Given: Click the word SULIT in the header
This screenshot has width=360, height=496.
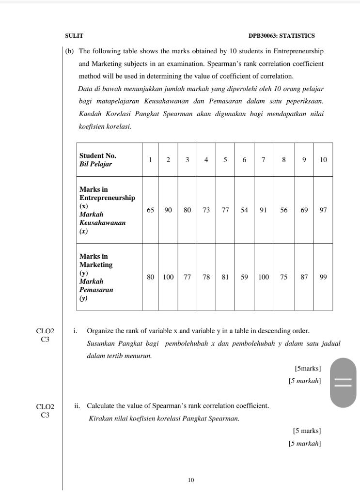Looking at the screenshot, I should [74, 36].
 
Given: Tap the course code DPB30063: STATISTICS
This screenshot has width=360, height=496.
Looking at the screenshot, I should [282, 36].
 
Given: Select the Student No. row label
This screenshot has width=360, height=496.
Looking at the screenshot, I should [98, 160].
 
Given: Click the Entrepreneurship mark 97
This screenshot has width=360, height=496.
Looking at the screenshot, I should [323, 210].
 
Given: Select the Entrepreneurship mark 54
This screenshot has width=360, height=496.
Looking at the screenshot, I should [244, 210].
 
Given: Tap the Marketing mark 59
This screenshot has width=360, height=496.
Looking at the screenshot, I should [244, 277].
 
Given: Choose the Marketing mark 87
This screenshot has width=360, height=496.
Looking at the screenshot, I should [304, 277].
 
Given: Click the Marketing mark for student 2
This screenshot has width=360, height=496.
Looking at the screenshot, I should [168, 277].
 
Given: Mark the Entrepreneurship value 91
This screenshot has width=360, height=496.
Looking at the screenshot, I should [263, 210].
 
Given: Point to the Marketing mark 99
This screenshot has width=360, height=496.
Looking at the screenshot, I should [323, 277].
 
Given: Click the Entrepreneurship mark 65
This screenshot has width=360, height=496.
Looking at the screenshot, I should [151, 210].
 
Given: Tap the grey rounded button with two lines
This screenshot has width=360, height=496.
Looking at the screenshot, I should [343, 383].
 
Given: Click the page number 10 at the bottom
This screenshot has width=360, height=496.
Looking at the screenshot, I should [191, 480].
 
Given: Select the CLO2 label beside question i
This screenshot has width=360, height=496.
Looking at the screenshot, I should [46, 331].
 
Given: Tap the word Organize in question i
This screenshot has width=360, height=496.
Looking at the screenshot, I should [100, 331].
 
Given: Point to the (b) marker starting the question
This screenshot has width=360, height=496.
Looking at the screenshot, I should [69, 51].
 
